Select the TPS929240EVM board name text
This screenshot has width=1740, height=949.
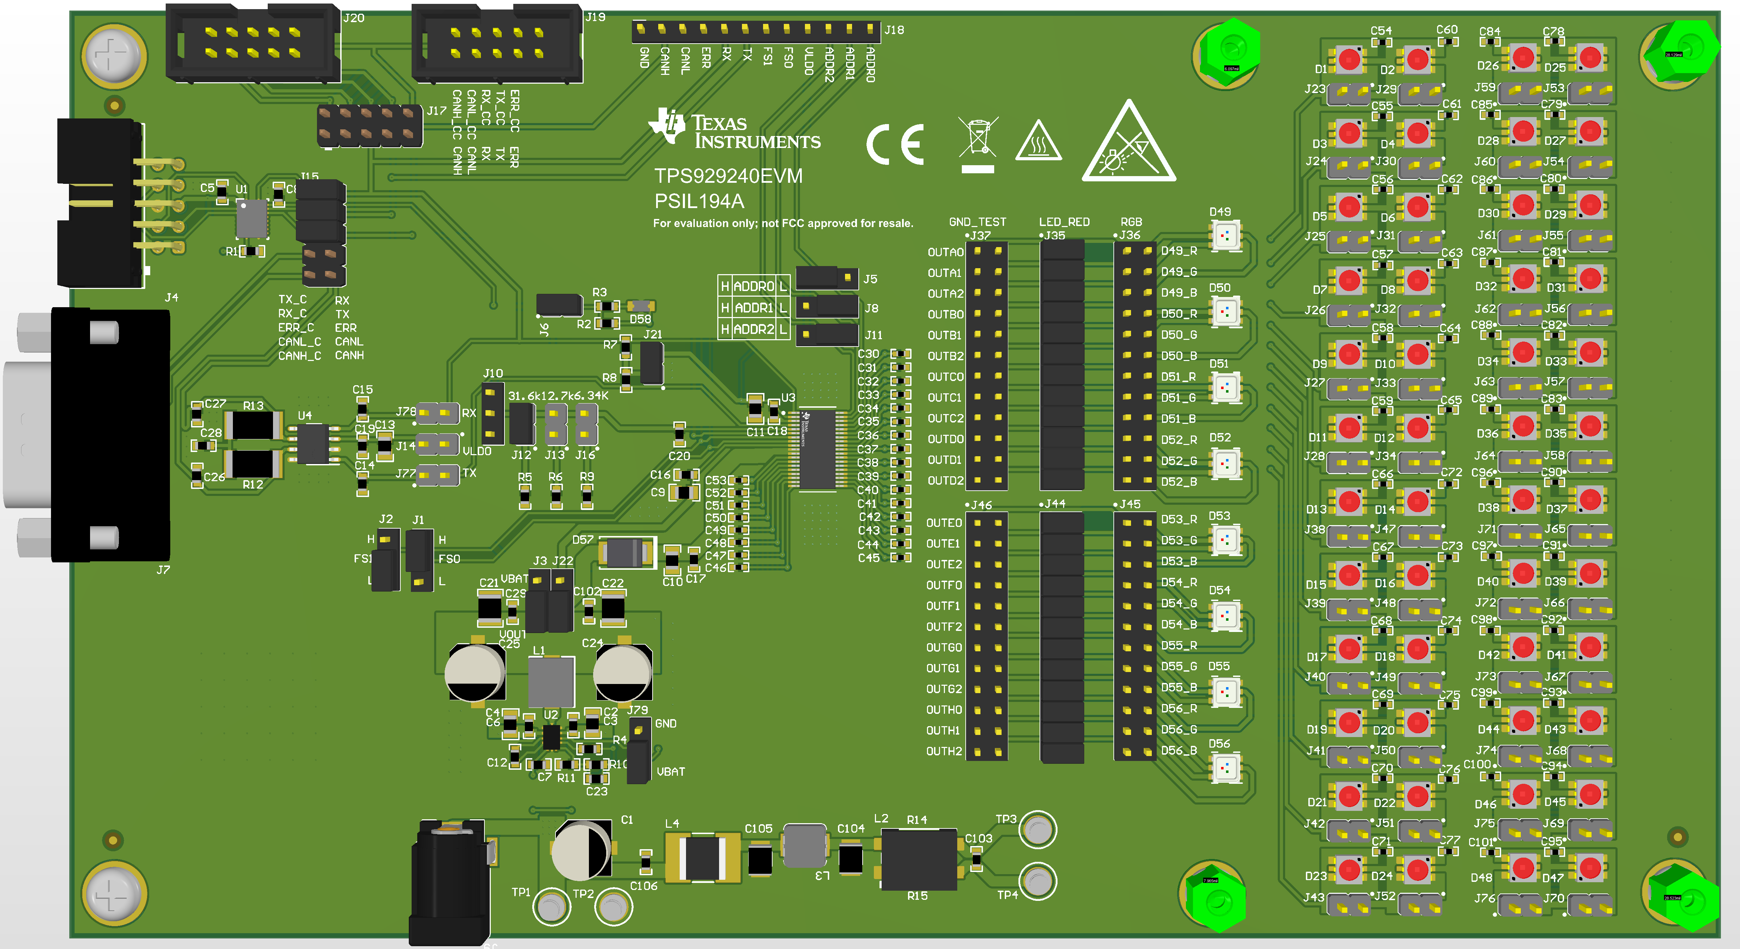click(x=728, y=176)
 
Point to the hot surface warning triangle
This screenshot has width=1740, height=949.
click(x=1038, y=142)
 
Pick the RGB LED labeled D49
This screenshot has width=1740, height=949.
click(x=1225, y=235)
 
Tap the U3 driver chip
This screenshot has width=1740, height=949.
click(x=817, y=449)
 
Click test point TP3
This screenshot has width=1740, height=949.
click(x=1037, y=829)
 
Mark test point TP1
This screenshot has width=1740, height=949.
click(x=551, y=906)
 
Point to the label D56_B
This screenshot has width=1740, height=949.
click(x=1179, y=750)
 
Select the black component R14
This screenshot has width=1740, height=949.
click(x=919, y=859)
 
